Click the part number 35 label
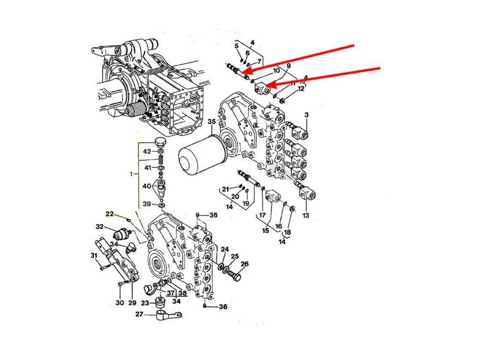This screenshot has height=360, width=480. (211, 122)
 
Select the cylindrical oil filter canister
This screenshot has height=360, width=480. (199, 157)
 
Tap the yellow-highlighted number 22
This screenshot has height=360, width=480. (110, 214)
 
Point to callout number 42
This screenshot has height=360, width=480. (147, 151)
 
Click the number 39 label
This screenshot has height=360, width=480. (147, 204)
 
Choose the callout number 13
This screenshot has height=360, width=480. (306, 216)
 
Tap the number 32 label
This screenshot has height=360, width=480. (99, 227)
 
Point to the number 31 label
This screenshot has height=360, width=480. (94, 255)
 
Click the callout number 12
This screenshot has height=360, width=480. (301, 89)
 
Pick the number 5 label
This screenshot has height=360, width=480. (236, 45)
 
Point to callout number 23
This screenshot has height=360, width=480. (144, 302)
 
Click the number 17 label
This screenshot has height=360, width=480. (261, 215)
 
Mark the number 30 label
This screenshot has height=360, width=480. (119, 302)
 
